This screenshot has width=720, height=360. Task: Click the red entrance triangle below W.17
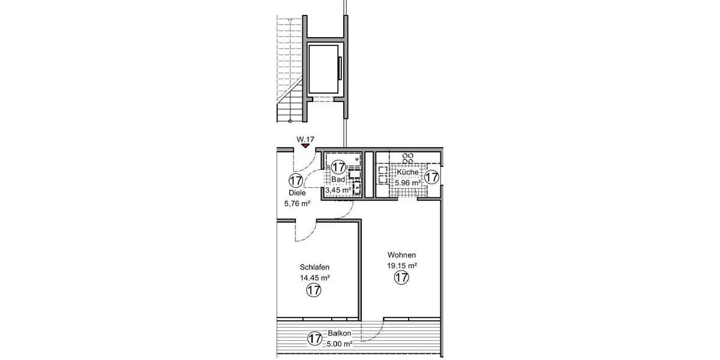(x=305, y=145)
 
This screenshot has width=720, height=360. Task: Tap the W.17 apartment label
(x=305, y=139)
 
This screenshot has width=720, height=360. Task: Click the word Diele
(x=297, y=193)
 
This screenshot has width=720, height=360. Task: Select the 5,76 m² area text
(x=297, y=203)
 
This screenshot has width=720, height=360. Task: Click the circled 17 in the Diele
(x=295, y=180)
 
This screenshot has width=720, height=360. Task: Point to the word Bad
(x=337, y=179)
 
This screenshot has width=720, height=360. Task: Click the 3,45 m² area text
(x=338, y=190)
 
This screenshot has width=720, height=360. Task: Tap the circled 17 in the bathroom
(x=338, y=167)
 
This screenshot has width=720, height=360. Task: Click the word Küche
(x=407, y=172)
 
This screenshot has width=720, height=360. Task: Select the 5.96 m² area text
(x=408, y=182)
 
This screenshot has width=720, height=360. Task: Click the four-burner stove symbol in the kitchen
(x=409, y=158)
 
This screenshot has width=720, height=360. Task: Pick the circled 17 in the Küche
(x=431, y=177)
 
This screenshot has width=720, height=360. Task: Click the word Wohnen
(x=401, y=254)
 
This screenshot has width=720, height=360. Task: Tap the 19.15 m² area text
(x=402, y=265)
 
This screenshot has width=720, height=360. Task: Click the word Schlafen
(x=314, y=268)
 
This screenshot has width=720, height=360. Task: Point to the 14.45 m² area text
(x=314, y=278)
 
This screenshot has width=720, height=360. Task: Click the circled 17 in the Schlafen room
(x=313, y=291)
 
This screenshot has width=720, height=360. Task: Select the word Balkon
(x=339, y=334)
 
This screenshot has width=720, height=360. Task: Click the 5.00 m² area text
(x=339, y=344)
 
